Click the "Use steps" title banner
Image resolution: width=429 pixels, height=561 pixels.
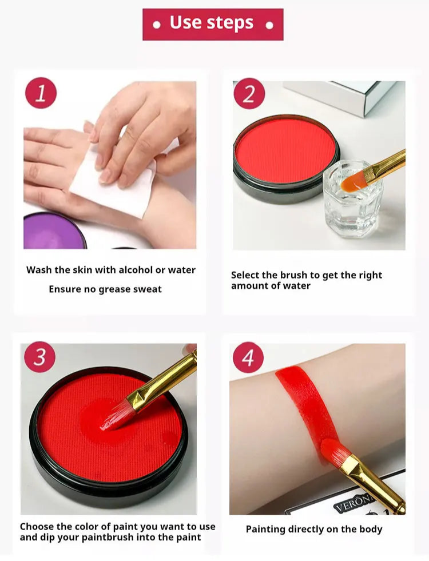[x=213, y=25]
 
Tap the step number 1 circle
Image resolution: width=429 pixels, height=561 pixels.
[x=41, y=93]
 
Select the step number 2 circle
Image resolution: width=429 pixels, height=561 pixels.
[x=249, y=94]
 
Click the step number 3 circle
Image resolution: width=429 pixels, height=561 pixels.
[x=39, y=357]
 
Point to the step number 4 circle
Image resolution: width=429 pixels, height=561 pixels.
[x=248, y=357]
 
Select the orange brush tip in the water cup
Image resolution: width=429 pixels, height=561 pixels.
[x=352, y=181]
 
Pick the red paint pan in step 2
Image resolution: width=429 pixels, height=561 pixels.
[x=286, y=158]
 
